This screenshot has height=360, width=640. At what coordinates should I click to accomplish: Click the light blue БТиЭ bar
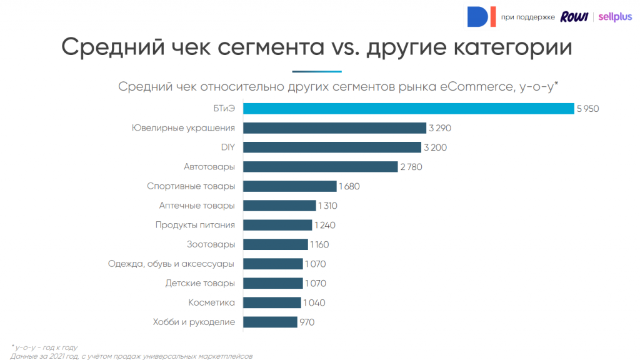(408, 109)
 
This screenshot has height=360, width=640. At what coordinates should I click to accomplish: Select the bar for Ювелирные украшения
(334, 128)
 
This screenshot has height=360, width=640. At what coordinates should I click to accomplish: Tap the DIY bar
(332, 147)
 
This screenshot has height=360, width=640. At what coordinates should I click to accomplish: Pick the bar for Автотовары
(320, 167)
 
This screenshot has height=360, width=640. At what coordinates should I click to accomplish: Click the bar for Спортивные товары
(289, 186)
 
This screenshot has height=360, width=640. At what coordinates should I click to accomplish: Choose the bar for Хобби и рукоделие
(270, 322)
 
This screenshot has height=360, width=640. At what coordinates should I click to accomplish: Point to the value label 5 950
(588, 109)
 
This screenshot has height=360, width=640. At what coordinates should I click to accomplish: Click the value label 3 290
(439, 128)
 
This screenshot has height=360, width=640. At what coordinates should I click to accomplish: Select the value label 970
(307, 322)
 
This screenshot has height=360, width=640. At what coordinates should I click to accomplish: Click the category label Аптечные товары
(197, 206)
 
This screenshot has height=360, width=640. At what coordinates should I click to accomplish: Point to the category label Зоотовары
(211, 244)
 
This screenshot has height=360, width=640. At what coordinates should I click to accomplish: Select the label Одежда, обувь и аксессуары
(171, 264)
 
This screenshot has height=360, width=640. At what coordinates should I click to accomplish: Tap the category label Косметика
(211, 303)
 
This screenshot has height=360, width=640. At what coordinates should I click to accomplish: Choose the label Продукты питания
(195, 225)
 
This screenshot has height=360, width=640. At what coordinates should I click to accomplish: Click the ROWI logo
(574, 17)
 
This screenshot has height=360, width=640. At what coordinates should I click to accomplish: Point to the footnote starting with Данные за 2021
(131, 356)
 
